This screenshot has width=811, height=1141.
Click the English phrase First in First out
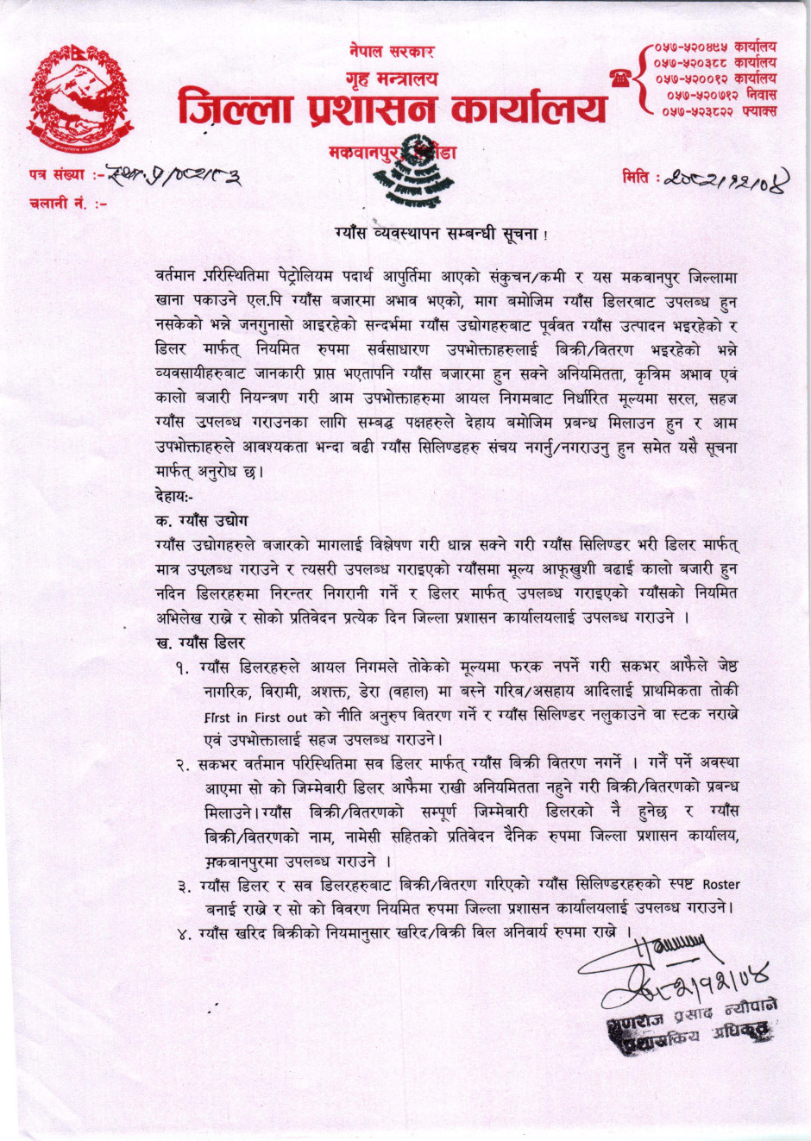[x=256, y=717]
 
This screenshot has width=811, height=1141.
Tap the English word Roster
[x=721, y=884]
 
